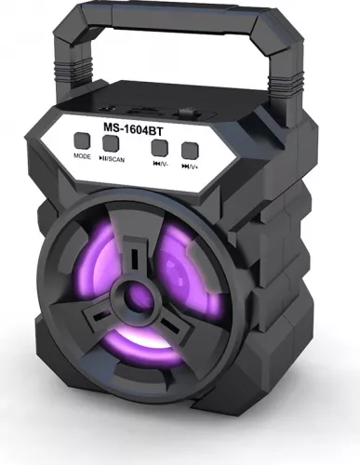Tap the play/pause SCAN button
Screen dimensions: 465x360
[x=112, y=143]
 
